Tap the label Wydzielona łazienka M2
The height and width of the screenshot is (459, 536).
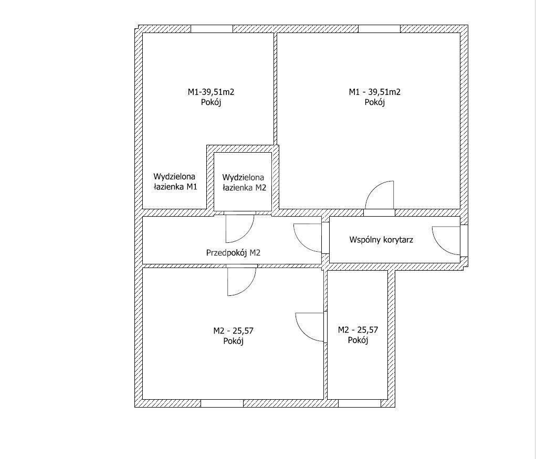click(x=244, y=183)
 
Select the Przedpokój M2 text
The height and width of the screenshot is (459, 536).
click(x=233, y=252)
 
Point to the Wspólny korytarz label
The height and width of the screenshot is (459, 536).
click(x=381, y=240)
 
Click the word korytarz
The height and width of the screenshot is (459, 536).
click(x=397, y=240)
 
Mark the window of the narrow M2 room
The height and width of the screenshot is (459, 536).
click(x=359, y=403)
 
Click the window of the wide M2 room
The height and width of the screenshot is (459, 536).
click(x=222, y=403)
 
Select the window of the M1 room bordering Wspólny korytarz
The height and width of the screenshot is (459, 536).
click(x=379, y=29)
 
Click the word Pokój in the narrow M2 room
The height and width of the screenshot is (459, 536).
click(x=358, y=340)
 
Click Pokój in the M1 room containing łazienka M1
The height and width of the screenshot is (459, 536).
click(x=211, y=102)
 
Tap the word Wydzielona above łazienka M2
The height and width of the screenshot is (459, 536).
click(x=244, y=177)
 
